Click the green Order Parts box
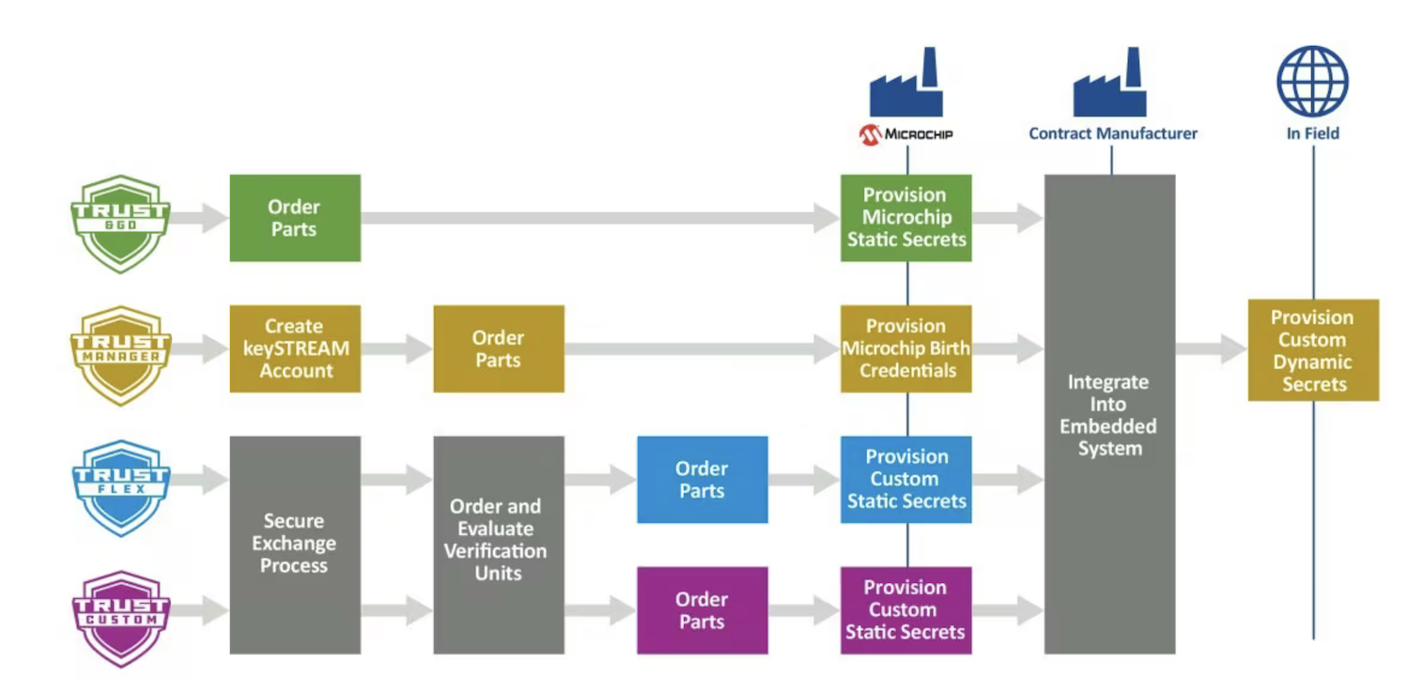(295, 218)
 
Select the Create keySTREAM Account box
(295, 348)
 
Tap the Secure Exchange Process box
(295, 544)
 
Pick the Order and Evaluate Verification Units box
(499, 544)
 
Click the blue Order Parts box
(702, 479)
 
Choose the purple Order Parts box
(702, 609)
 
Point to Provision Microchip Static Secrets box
(906, 218)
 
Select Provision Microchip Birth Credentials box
(906, 348)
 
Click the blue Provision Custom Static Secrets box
(906, 479)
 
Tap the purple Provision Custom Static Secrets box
(906, 609)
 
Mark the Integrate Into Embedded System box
(1110, 414)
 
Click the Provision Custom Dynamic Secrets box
(1313, 350)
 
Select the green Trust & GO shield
(120, 223)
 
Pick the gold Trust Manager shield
(120, 355)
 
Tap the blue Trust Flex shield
(120, 486)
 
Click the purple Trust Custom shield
(120, 618)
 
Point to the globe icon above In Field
(1312, 82)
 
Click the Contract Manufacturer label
(1113, 133)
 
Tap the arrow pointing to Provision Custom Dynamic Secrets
(1212, 349)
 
